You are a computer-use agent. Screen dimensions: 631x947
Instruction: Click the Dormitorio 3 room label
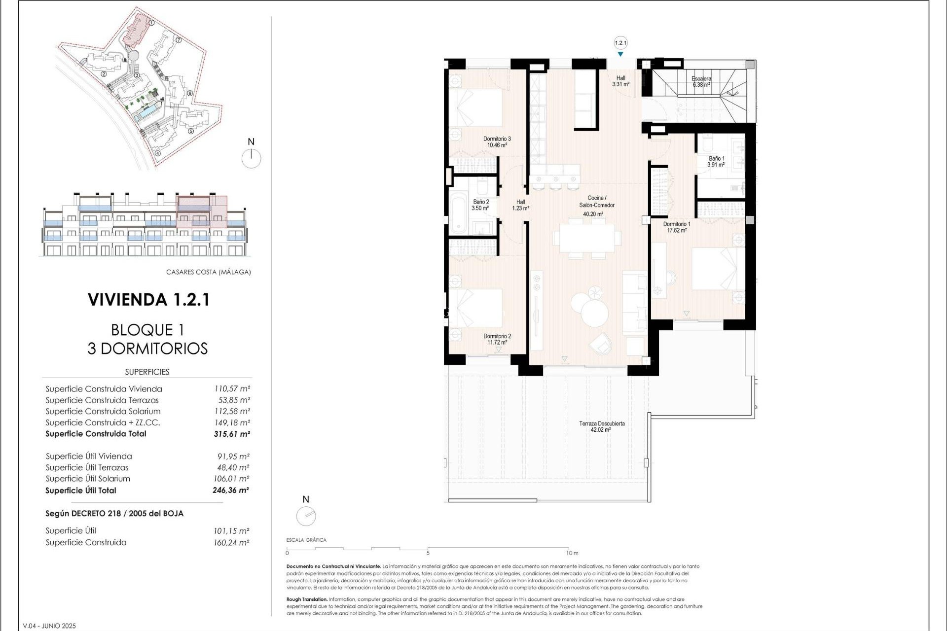(x=497, y=142)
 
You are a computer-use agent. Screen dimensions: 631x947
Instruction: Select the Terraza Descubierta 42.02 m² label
(x=601, y=426)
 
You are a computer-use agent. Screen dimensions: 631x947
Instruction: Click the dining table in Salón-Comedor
(x=587, y=238)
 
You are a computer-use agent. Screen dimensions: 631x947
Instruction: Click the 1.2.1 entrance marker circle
(x=620, y=43)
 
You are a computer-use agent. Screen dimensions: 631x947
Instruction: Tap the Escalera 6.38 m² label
(x=701, y=81)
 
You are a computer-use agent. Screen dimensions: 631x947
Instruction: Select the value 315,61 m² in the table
(x=232, y=434)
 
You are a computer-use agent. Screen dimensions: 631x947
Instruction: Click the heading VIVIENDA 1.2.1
(x=148, y=300)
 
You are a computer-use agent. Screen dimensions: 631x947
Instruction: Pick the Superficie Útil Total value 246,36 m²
(x=231, y=491)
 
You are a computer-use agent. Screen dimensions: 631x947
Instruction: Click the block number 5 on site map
(x=191, y=131)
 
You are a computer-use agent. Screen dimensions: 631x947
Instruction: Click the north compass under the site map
(x=251, y=158)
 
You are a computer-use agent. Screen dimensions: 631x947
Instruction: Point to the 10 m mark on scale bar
(x=572, y=553)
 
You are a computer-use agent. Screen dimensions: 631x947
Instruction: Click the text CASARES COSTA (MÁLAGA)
(x=208, y=272)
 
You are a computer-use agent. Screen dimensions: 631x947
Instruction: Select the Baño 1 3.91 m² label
(x=716, y=162)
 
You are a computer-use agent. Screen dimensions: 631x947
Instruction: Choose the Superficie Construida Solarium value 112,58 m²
(x=232, y=412)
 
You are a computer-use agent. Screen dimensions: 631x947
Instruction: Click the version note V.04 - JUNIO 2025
(x=49, y=626)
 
